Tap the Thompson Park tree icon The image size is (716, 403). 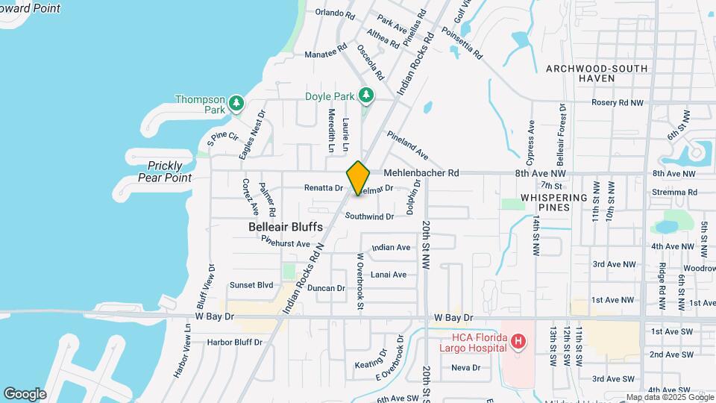[236, 102]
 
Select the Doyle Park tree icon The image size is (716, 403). [365, 96]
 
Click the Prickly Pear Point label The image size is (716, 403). [165, 172]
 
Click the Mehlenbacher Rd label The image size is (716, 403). [421, 173]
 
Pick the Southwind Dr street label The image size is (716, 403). [369, 216]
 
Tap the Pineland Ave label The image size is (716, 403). [407, 145]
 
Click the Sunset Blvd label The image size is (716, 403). [251, 285]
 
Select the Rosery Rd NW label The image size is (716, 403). [617, 103]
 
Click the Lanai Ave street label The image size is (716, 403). [389, 275]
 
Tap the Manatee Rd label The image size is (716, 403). [326, 54]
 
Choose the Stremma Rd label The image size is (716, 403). [674, 192]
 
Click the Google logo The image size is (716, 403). [25, 393]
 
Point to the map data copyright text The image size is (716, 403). [668, 398]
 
